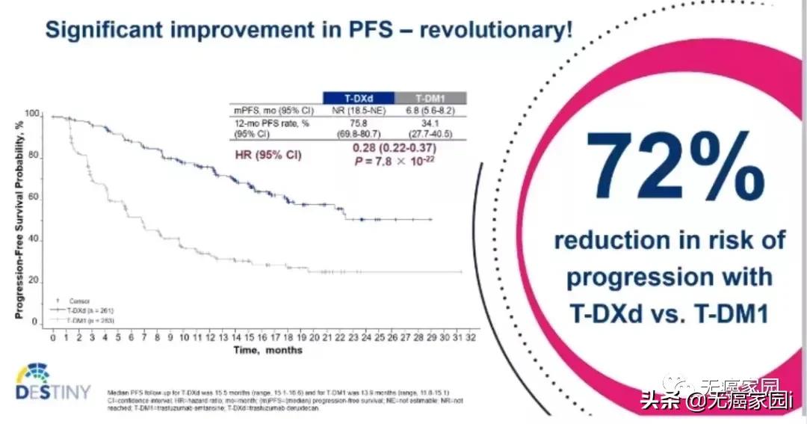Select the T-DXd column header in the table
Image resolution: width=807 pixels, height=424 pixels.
coord(358,98)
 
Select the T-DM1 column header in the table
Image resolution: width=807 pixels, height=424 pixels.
coord(430,98)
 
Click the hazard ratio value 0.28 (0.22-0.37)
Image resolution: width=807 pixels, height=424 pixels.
coord(394,147)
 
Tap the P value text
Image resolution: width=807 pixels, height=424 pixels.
coord(394,160)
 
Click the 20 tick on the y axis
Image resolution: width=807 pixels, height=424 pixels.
coord(33,280)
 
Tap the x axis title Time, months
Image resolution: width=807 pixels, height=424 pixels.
coord(268,350)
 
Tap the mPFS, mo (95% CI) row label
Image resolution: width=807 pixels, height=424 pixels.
coord(267,109)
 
